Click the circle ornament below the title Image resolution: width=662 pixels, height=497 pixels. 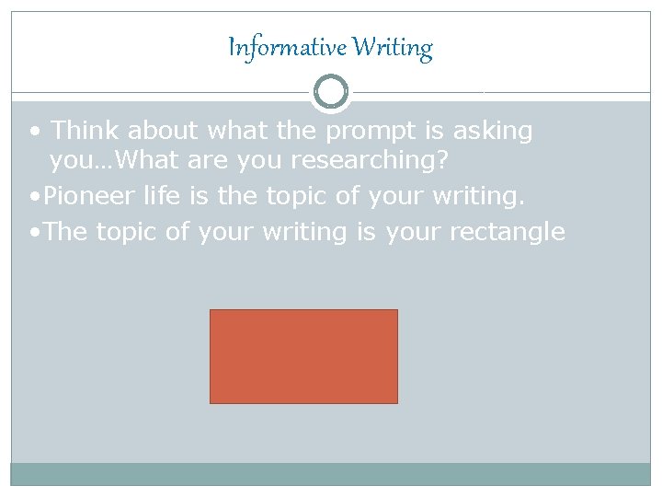(331, 92)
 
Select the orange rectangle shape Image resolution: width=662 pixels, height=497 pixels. (303, 356)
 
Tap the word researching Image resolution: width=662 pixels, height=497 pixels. (369, 161)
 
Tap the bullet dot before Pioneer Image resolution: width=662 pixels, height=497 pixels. (33, 196)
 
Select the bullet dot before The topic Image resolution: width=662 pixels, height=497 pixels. (33, 232)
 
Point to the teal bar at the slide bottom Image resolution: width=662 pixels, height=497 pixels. (331, 474)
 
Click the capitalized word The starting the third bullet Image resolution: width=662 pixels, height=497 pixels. (63, 231)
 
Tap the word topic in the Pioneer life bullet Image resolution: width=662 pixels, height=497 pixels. (294, 195)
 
